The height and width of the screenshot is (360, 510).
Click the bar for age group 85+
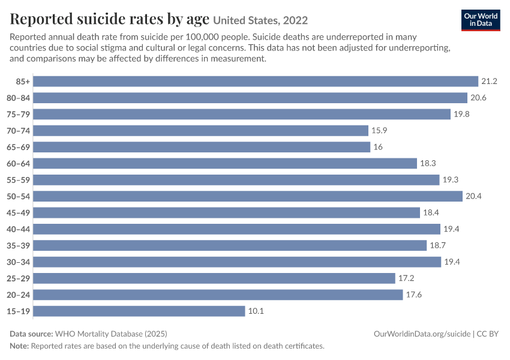[256, 82]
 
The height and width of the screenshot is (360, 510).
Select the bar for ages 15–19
[139, 311]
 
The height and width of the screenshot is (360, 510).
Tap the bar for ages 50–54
[248, 196]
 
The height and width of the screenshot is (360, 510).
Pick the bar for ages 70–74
[200, 131]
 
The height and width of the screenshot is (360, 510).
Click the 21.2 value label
[489, 82]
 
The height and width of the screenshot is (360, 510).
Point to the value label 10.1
[256, 311]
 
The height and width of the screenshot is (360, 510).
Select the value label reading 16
[378, 147]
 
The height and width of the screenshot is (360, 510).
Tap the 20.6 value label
[478, 98]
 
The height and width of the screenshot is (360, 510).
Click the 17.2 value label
[406, 278]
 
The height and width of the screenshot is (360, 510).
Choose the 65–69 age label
[18, 148]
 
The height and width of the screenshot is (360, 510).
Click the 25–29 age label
[18, 278]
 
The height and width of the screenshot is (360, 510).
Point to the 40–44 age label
[18, 229]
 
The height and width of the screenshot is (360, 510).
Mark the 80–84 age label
[18, 98]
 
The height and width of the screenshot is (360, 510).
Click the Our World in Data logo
[481, 20]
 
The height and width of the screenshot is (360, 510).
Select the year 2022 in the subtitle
[295, 20]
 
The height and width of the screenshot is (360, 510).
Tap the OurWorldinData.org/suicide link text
[422, 334]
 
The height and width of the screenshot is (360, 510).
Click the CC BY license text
[488, 334]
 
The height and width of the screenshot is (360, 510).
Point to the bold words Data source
[31, 334]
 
